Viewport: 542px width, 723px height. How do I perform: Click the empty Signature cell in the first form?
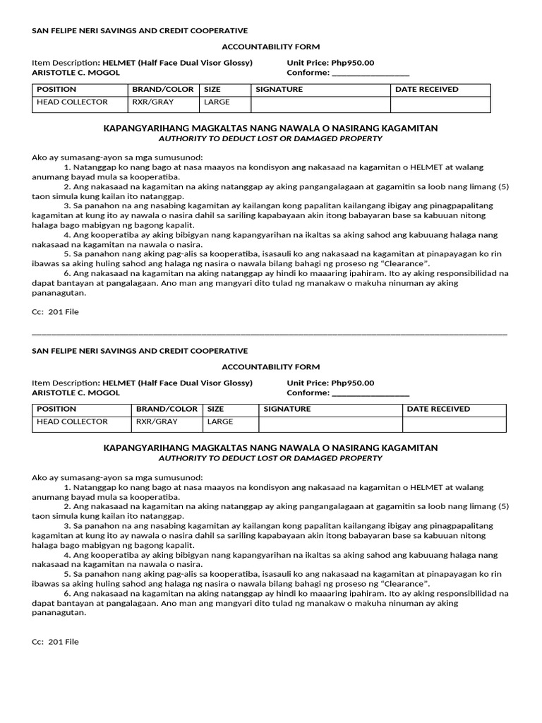[x=320, y=104]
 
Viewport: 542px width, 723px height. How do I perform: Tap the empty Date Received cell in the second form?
[x=454, y=424]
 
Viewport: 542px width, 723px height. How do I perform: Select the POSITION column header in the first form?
[x=56, y=90]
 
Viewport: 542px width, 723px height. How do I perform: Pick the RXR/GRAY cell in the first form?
[x=153, y=102]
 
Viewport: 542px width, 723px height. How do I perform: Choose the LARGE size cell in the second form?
[x=219, y=422]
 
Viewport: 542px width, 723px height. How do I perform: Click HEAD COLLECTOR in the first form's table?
[x=72, y=102]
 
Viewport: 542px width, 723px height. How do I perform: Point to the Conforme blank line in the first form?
[x=370, y=73]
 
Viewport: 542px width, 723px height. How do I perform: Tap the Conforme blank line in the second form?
[x=370, y=393]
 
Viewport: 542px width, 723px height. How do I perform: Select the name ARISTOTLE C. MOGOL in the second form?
[x=76, y=393]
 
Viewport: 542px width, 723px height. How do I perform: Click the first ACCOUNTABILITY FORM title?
[x=271, y=47]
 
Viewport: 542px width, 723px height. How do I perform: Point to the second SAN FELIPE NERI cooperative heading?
[x=140, y=351]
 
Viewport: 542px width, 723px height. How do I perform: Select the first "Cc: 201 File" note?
[x=55, y=311]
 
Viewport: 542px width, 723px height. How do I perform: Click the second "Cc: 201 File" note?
[x=55, y=642]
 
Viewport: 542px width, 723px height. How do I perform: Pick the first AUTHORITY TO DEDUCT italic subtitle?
[x=270, y=138]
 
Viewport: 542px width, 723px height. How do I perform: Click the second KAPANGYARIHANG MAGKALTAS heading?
[x=270, y=448]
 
